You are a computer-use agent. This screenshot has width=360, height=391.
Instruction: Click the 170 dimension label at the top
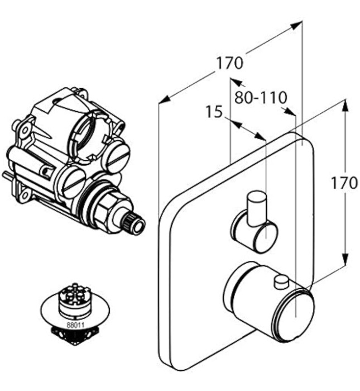coord(229,63)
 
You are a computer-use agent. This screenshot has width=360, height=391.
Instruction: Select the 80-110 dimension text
coord(261,98)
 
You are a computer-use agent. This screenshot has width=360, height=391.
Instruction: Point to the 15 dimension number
coord(214,112)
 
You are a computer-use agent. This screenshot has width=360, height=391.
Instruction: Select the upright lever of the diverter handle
coord(257,206)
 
